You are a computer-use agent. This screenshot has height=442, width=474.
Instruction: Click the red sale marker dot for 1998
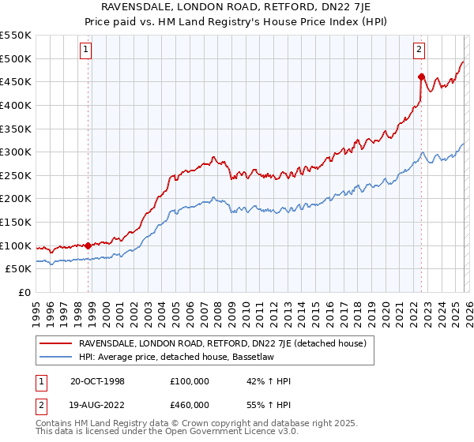pyautogui.click(x=88, y=245)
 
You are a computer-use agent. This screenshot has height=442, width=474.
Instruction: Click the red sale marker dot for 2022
pyautogui.click(x=421, y=77)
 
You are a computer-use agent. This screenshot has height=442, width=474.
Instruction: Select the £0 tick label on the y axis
pyautogui.click(x=25, y=292)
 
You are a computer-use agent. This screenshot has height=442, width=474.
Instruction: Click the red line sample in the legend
pyautogui.click(x=55, y=344)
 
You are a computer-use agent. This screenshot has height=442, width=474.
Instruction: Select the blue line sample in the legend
pyautogui.click(x=55, y=358)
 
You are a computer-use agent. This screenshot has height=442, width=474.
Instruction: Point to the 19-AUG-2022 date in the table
pyautogui.click(x=98, y=404)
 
